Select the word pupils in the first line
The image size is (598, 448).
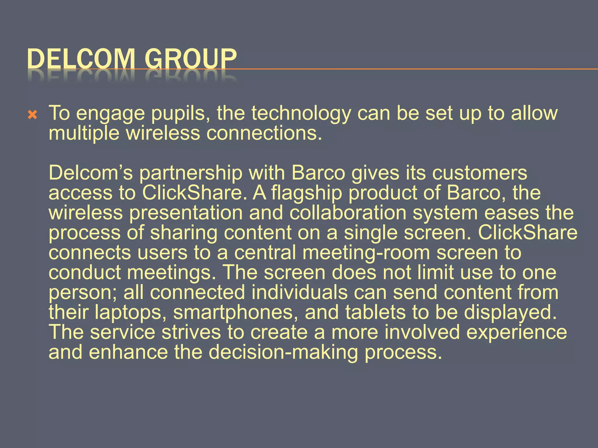point(180,114)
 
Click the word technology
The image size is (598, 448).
point(301,114)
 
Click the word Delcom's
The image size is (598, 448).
point(91,173)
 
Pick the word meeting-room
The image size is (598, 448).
point(366,253)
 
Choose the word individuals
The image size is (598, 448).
point(299,292)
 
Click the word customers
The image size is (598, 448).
point(480,173)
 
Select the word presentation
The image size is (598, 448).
point(186,213)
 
